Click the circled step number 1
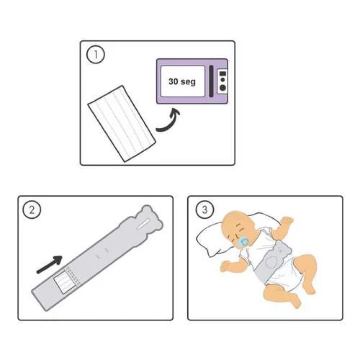pos(95,54)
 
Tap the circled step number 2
pos(31,210)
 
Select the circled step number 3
pos(204,210)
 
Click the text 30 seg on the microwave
pos(182,81)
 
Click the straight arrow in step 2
pos(49,265)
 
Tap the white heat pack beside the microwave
pos(122,123)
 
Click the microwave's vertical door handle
pos(211,81)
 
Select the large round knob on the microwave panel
pos(222,88)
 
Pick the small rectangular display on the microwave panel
pos(223,74)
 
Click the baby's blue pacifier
pos(243,242)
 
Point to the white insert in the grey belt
pos(65,283)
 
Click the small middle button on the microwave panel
pos(222,80)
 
